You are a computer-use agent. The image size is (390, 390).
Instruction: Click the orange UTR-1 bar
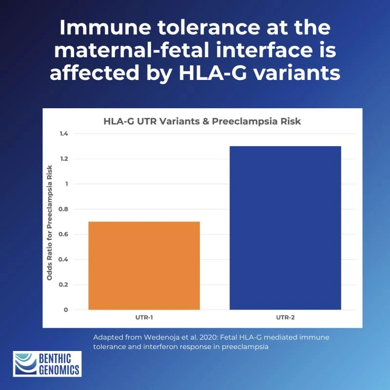click(x=144, y=266)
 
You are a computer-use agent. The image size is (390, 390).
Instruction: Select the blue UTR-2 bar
click(x=285, y=228)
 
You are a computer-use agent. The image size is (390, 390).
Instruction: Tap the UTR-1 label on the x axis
click(x=144, y=317)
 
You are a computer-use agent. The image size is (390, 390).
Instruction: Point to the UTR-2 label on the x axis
click(x=285, y=317)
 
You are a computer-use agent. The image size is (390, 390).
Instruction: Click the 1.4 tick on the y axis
click(x=63, y=134)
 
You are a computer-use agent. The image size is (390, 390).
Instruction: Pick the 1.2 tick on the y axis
click(x=63, y=159)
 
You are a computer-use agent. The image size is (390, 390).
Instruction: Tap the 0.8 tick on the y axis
click(x=63, y=209)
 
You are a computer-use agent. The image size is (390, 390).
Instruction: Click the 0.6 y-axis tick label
click(x=63, y=234)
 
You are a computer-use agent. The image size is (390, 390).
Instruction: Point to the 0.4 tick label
click(x=63, y=259)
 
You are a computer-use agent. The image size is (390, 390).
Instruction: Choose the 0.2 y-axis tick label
click(x=63, y=285)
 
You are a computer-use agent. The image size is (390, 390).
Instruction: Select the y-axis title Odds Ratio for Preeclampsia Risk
click(x=50, y=222)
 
